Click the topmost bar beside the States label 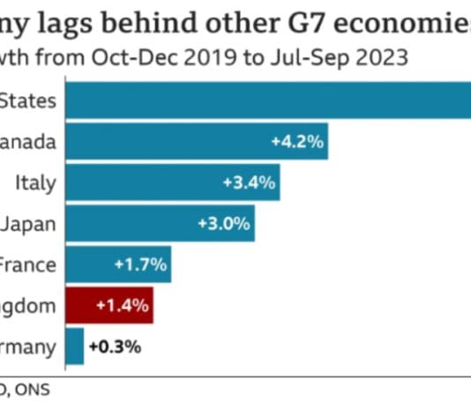(x=265, y=100)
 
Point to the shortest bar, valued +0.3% (x=74, y=346)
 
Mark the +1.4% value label (x=117, y=307)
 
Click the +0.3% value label (x=115, y=347)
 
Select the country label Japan (x=28, y=224)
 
